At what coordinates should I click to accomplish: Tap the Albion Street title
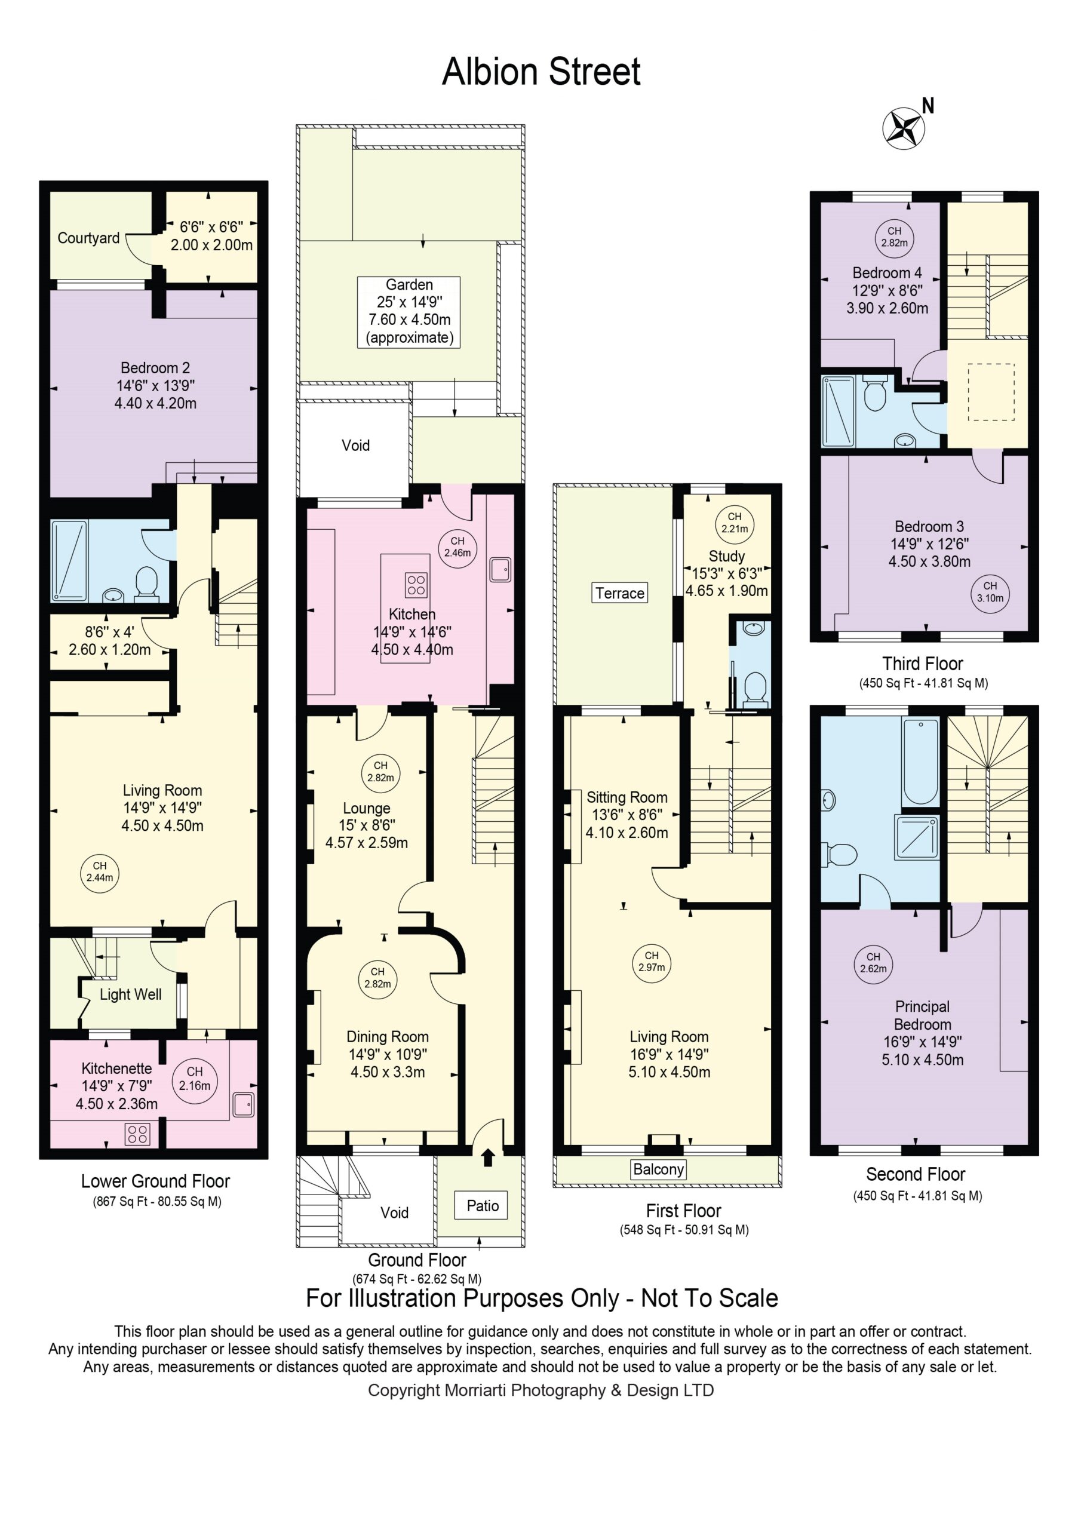click(541, 72)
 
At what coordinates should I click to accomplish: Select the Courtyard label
click(88, 238)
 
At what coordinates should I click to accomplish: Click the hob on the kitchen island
click(416, 585)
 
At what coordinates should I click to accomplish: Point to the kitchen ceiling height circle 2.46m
click(457, 548)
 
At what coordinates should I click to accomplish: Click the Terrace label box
click(619, 592)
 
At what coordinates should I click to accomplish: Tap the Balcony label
click(658, 1169)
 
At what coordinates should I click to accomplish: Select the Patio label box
click(482, 1205)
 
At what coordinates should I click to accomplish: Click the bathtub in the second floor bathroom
click(920, 761)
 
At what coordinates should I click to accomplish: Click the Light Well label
click(131, 994)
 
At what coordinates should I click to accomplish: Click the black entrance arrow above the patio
click(487, 1158)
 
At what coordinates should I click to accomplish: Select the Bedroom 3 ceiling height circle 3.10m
click(990, 592)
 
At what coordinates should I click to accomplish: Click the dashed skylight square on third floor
click(991, 392)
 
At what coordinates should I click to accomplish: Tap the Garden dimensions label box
click(409, 312)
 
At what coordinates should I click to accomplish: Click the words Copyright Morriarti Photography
click(487, 1390)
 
